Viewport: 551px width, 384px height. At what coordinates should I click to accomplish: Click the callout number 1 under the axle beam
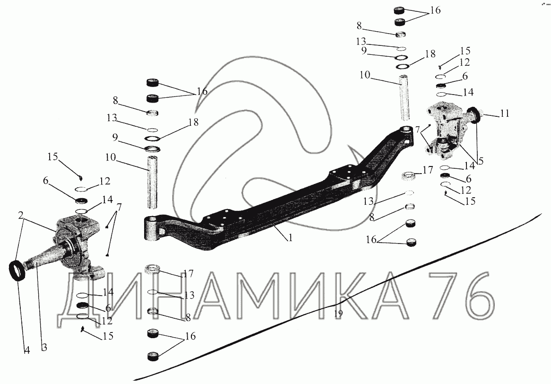(x=290, y=238)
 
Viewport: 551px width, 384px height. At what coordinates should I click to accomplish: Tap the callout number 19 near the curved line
(x=338, y=314)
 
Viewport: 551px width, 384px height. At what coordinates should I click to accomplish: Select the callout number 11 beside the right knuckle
(x=505, y=113)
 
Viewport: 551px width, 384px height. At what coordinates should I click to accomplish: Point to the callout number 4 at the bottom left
(x=27, y=350)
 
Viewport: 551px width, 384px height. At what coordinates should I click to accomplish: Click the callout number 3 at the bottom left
(x=44, y=348)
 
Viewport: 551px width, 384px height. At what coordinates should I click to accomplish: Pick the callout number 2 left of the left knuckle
(x=21, y=215)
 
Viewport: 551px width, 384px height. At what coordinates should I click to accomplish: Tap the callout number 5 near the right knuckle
(x=481, y=161)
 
